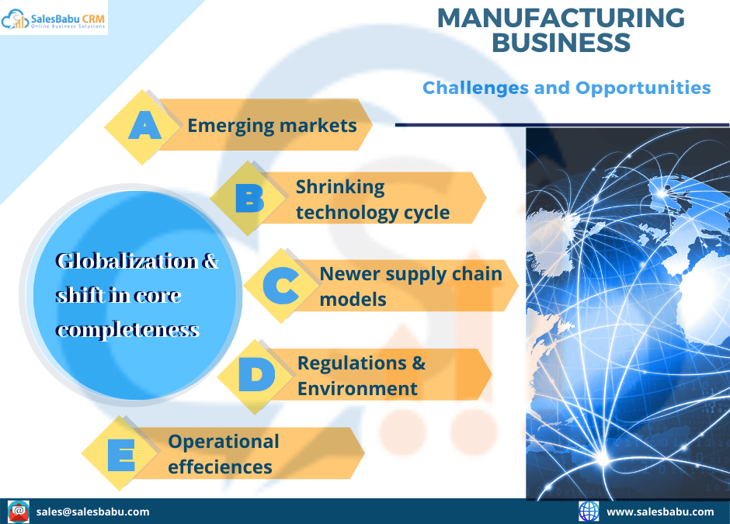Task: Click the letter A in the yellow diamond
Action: coord(144,126)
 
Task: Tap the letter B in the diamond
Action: coord(249,199)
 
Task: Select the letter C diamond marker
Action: coord(280,286)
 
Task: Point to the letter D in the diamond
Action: coord(255,376)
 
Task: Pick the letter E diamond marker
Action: coord(120,454)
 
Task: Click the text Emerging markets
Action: coord(272,126)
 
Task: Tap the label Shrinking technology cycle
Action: coord(372,200)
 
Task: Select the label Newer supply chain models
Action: coord(410,286)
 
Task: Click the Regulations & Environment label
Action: coord(361,376)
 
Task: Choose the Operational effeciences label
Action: coord(223,453)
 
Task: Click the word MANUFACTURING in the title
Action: coord(561,18)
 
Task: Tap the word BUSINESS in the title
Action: coord(561,43)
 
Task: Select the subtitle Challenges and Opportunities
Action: coord(566,88)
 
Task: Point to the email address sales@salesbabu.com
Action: coord(93,512)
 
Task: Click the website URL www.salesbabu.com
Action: coord(659,512)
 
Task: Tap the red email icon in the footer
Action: coord(19,511)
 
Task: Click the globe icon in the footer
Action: coord(589,511)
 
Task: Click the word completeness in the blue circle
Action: coord(127,329)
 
